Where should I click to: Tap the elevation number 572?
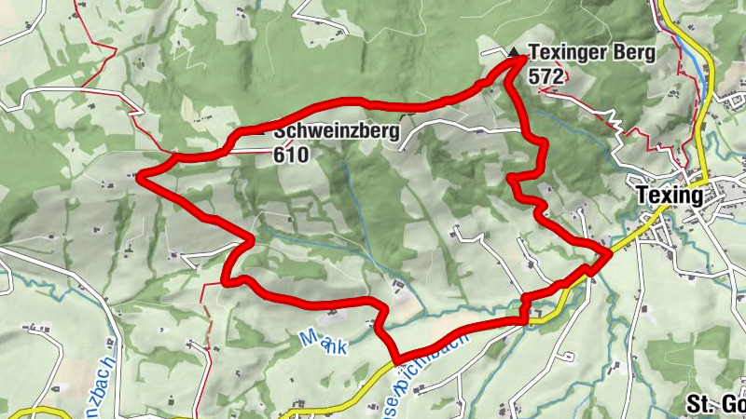[x=545, y=76]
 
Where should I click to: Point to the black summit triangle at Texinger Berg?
[x=515, y=52]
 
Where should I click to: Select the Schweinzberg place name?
[x=337, y=131]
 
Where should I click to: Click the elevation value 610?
[x=291, y=155]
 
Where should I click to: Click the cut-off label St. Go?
[x=715, y=404]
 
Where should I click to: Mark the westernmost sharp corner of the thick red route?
[x=139, y=174]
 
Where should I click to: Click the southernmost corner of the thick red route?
[x=396, y=359]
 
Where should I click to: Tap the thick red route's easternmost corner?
[x=609, y=251]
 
